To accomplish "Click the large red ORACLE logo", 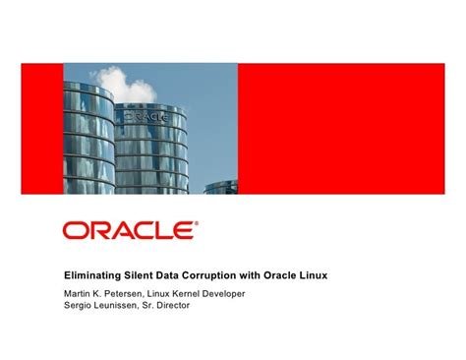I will [x=128, y=231].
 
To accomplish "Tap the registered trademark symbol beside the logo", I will [x=196, y=222].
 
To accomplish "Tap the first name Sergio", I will [x=78, y=305].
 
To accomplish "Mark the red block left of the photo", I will [x=42, y=128].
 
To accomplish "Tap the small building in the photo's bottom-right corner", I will [x=221, y=186].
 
